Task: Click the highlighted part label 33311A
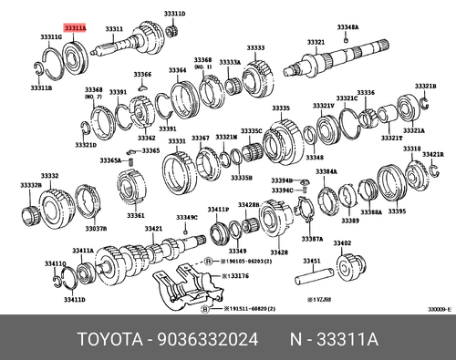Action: pyautogui.click(x=76, y=29)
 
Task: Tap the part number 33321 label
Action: pyautogui.click(x=316, y=43)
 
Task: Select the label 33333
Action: pyautogui.click(x=255, y=47)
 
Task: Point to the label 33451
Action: pyautogui.click(x=312, y=261)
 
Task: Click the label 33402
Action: pyautogui.click(x=342, y=243)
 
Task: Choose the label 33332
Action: pyautogui.click(x=49, y=176)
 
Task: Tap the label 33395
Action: pyautogui.click(x=397, y=211)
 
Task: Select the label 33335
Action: pyautogui.click(x=280, y=108)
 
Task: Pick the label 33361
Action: pyautogui.click(x=136, y=215)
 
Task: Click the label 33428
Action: pyautogui.click(x=279, y=252)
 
